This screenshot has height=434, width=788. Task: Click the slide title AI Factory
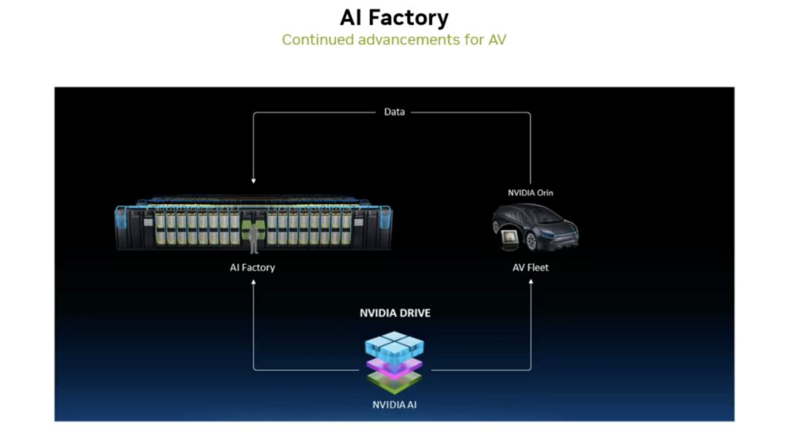[x=394, y=17]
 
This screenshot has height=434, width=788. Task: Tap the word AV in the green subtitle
[x=495, y=39]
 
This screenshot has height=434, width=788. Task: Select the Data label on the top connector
[x=394, y=112]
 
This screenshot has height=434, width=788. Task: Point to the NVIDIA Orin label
[x=530, y=193]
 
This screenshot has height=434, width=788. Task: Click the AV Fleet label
[x=530, y=267]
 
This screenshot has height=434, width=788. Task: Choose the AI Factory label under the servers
[x=252, y=267]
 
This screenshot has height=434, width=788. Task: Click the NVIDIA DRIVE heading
[x=395, y=313]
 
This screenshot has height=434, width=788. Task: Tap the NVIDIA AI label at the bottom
[x=394, y=404]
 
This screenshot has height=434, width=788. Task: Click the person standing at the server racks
[x=254, y=238]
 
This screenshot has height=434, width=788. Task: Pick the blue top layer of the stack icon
[x=394, y=345]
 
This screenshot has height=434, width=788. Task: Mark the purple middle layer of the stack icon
[x=394, y=365]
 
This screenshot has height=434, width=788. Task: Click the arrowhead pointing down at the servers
[x=253, y=180]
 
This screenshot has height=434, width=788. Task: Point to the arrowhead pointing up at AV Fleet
[x=530, y=282]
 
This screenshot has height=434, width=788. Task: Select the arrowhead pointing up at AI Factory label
[x=253, y=282]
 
